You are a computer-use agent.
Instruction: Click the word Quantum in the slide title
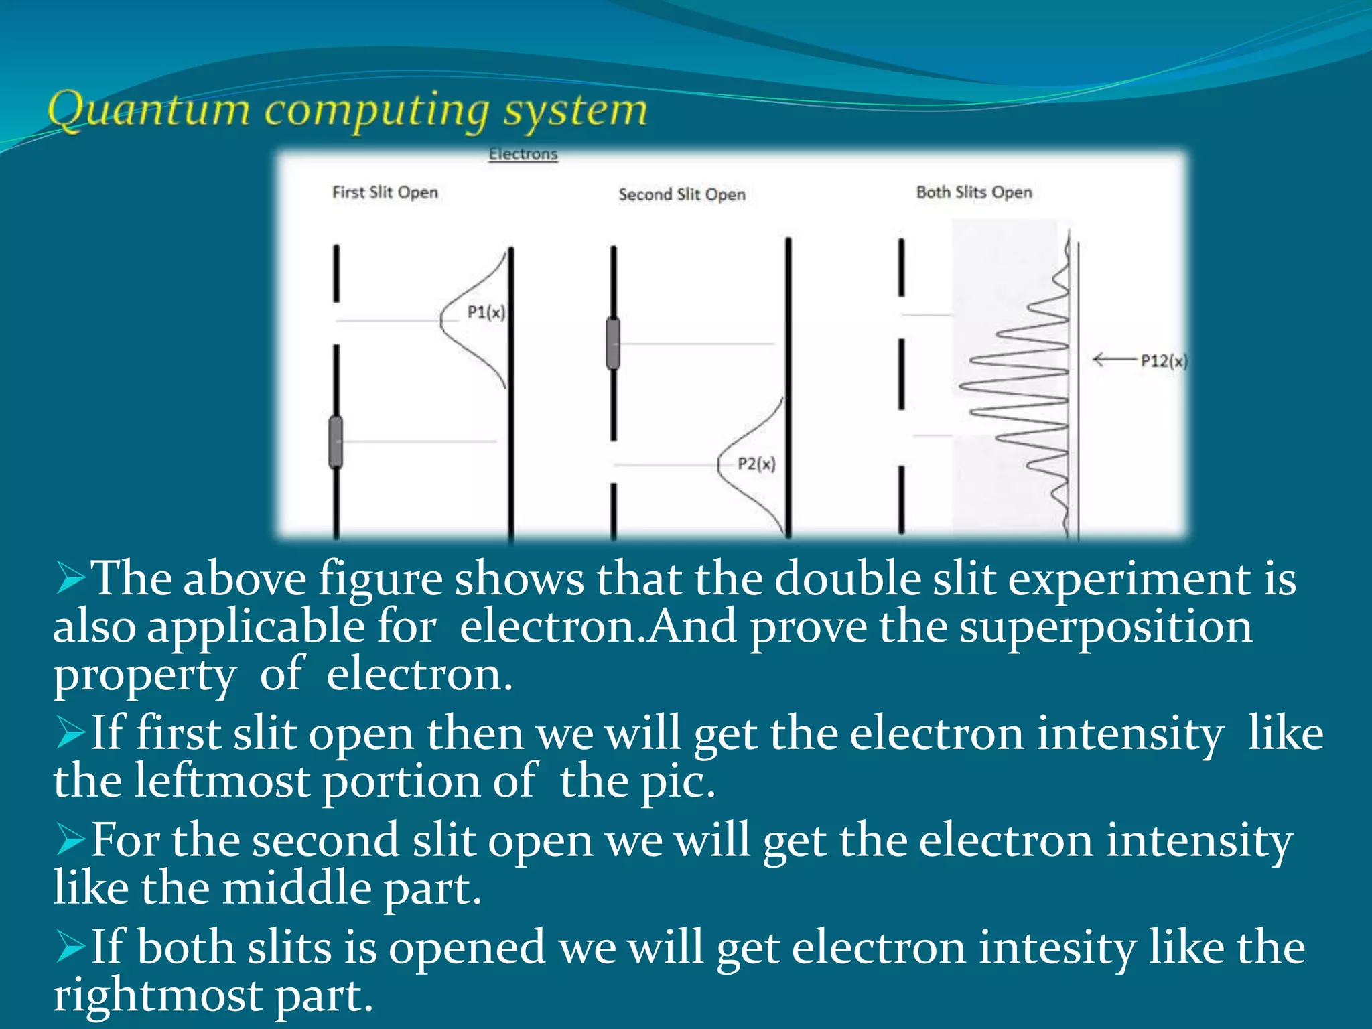(x=148, y=110)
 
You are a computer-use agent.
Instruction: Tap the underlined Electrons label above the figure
(x=523, y=154)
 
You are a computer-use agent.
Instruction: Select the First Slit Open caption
(x=385, y=192)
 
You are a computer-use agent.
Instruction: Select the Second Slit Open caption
(x=681, y=194)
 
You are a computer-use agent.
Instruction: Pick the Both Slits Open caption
(x=974, y=192)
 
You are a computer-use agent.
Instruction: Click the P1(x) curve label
(x=486, y=312)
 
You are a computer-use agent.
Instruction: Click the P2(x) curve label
(x=756, y=464)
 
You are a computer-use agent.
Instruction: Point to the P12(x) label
(x=1164, y=361)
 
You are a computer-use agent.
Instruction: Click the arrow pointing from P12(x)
(x=1114, y=360)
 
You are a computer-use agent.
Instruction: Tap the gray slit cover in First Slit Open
(x=336, y=441)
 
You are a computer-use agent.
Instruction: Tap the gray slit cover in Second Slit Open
(x=613, y=344)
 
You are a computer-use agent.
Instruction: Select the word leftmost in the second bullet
(x=222, y=780)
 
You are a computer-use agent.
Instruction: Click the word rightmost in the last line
(x=158, y=995)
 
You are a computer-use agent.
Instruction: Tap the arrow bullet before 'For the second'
(x=70, y=841)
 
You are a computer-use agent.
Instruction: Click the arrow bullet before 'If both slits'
(x=70, y=948)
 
